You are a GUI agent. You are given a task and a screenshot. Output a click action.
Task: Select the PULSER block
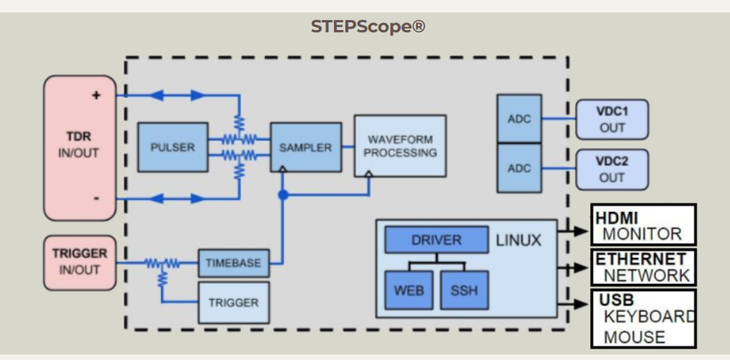[x=172, y=147]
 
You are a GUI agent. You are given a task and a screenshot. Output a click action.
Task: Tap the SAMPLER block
[x=305, y=147]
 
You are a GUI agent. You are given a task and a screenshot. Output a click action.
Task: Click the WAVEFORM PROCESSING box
[x=399, y=145]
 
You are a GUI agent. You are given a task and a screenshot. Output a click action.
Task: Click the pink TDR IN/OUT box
[x=80, y=147]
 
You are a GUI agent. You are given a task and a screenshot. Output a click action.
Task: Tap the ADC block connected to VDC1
[x=519, y=119]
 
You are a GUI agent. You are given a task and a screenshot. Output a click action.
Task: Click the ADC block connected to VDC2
[x=519, y=168]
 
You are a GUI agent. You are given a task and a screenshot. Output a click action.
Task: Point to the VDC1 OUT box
[x=612, y=120]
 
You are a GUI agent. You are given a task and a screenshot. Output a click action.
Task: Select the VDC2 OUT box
[x=612, y=169]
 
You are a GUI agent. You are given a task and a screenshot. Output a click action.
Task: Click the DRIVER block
[x=436, y=239]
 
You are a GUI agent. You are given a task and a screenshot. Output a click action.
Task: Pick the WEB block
[x=409, y=289]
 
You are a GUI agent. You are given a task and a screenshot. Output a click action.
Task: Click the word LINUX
[x=518, y=239]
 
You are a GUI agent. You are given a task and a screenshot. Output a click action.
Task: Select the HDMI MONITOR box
[x=643, y=225]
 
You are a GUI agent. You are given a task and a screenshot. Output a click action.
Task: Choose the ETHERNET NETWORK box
[x=643, y=267]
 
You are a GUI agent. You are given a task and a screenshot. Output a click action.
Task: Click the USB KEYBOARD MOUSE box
[x=643, y=318]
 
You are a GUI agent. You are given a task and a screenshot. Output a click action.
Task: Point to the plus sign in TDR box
[x=96, y=95]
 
